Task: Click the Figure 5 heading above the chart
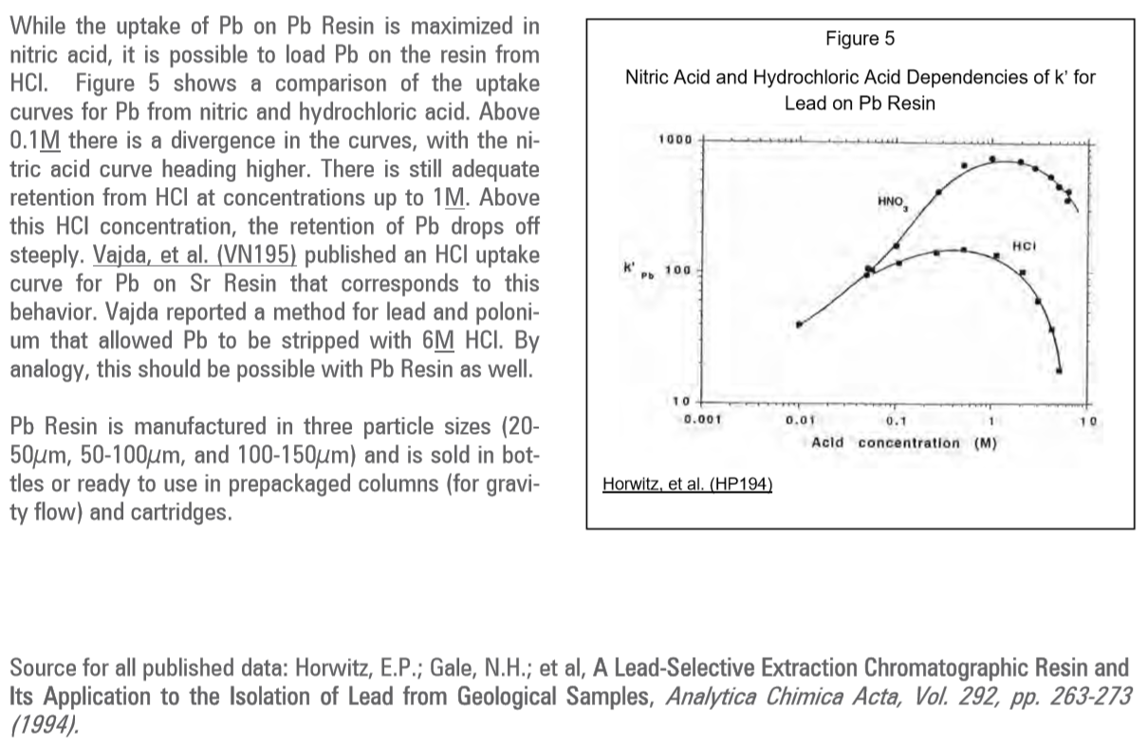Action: pyautogui.click(x=860, y=39)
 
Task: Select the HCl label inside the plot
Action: pyautogui.click(x=1023, y=246)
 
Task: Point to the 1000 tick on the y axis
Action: pyautogui.click(x=675, y=140)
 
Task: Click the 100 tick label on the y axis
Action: pyautogui.click(x=677, y=271)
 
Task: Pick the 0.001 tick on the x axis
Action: pyautogui.click(x=704, y=418)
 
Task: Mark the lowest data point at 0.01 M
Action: pyautogui.click(x=800, y=325)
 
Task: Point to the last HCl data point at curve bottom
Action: pyautogui.click(x=1060, y=370)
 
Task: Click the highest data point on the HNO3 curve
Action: pyautogui.click(x=992, y=159)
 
